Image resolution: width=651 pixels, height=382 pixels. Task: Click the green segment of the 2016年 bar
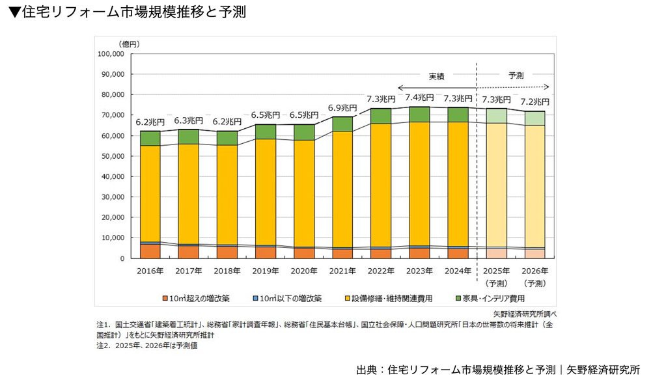150,138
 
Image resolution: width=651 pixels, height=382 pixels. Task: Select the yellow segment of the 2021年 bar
342,189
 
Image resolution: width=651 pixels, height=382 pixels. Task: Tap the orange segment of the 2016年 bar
150,251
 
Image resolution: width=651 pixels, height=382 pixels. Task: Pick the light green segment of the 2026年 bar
535,118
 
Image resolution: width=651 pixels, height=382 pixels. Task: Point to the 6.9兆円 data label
342,107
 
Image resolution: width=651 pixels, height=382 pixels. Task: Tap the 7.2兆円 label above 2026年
535,102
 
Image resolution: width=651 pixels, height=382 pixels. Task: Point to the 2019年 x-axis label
266,270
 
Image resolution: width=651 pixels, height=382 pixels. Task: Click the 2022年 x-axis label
381,270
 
